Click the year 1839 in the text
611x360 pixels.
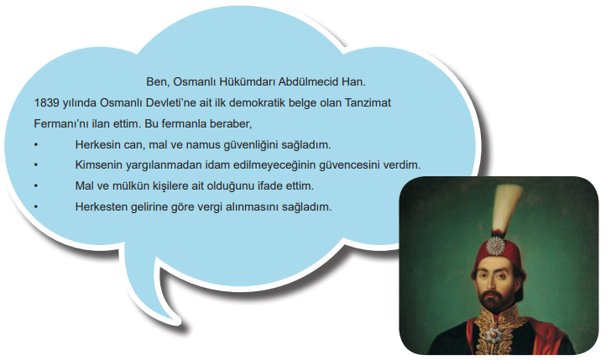pyautogui.click(x=46, y=103)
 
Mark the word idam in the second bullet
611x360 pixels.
pyautogui.click(x=218, y=165)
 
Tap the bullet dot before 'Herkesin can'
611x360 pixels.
pyautogui.click(x=36, y=145)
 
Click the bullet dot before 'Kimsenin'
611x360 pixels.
pyautogui.click(x=36, y=165)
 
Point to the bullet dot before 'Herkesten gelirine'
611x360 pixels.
pyautogui.click(x=36, y=207)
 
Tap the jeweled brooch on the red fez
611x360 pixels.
pyautogui.click(x=495, y=246)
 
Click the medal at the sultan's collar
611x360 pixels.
pyautogui.click(x=493, y=334)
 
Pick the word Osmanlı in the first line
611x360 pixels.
pyautogui.click(x=195, y=82)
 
